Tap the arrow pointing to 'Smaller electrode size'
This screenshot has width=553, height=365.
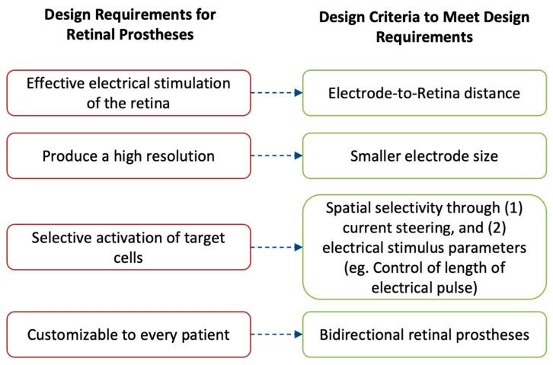(272, 156)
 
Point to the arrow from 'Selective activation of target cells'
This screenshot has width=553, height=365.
(272, 247)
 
